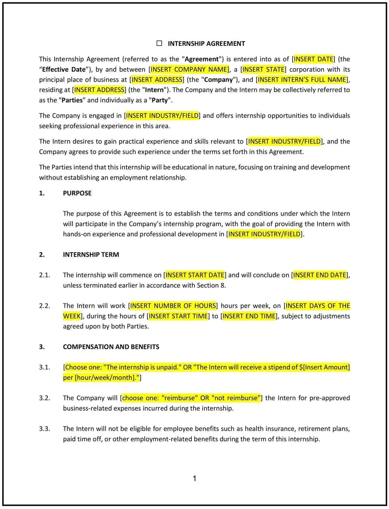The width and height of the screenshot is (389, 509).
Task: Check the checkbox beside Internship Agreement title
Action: coord(159,43)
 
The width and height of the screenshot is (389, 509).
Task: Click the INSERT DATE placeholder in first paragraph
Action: coord(314,59)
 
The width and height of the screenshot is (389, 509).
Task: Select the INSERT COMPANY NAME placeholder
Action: coord(190,69)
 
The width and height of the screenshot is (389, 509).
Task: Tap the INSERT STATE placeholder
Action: coord(263,69)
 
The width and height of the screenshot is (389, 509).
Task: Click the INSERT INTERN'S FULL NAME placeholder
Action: coord(302,80)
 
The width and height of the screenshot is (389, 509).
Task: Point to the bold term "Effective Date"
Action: coord(64,69)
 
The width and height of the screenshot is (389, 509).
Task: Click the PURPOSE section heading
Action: coord(77,193)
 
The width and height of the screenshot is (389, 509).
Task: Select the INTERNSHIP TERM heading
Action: coord(91,254)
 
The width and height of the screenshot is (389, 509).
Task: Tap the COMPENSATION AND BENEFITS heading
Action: coord(111,347)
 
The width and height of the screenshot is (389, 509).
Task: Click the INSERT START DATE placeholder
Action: coord(195,275)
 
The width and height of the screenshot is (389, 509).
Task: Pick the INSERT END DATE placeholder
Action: coord(320,275)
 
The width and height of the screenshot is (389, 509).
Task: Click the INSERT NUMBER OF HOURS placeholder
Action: coord(173,306)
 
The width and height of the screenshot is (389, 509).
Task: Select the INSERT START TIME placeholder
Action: coord(179,316)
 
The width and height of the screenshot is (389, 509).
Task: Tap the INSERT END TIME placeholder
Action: coord(249,316)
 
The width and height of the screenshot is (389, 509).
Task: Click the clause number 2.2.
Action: coord(45,306)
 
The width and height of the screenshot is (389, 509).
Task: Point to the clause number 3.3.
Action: coord(45,428)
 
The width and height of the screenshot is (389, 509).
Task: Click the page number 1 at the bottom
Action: coord(194,479)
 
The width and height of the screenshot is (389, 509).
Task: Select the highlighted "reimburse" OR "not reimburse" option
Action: coord(191,398)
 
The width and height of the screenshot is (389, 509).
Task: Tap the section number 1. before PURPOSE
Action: coord(42,193)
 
